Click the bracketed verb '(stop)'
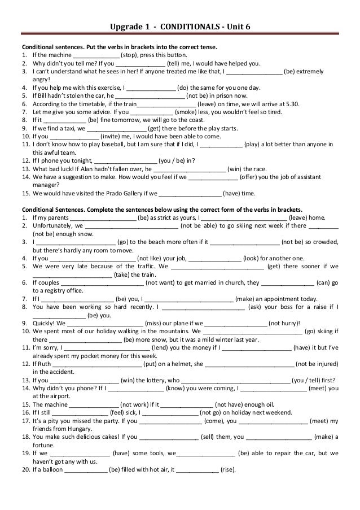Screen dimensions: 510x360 point(131,55)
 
